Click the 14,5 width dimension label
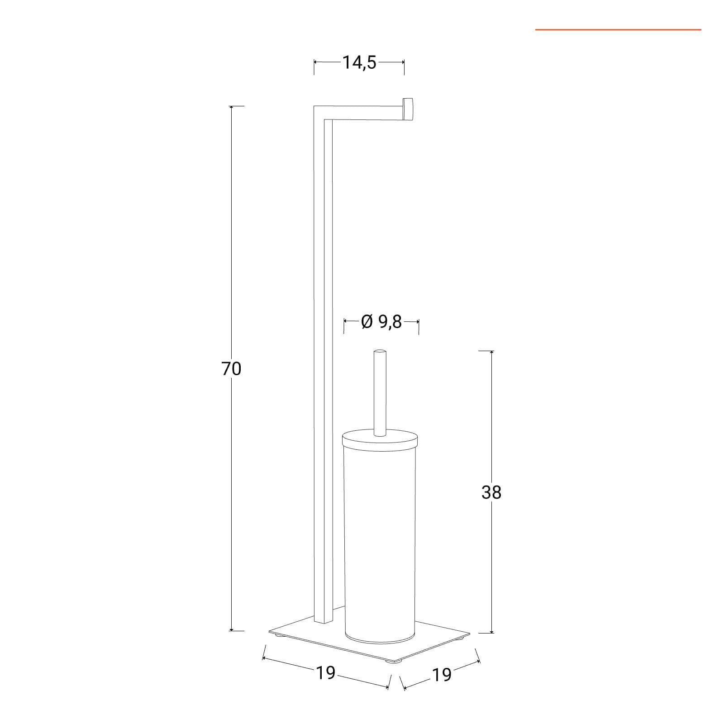pyautogui.click(x=359, y=62)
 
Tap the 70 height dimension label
pyautogui.click(x=231, y=369)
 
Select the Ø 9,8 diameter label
pyautogui.click(x=381, y=322)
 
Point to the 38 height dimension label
pyautogui.click(x=491, y=492)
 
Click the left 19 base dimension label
pyautogui.click(x=326, y=673)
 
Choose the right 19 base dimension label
pyautogui.click(x=442, y=675)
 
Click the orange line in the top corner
pyautogui.click(x=618, y=30)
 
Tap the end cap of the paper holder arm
pyautogui.click(x=409, y=110)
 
